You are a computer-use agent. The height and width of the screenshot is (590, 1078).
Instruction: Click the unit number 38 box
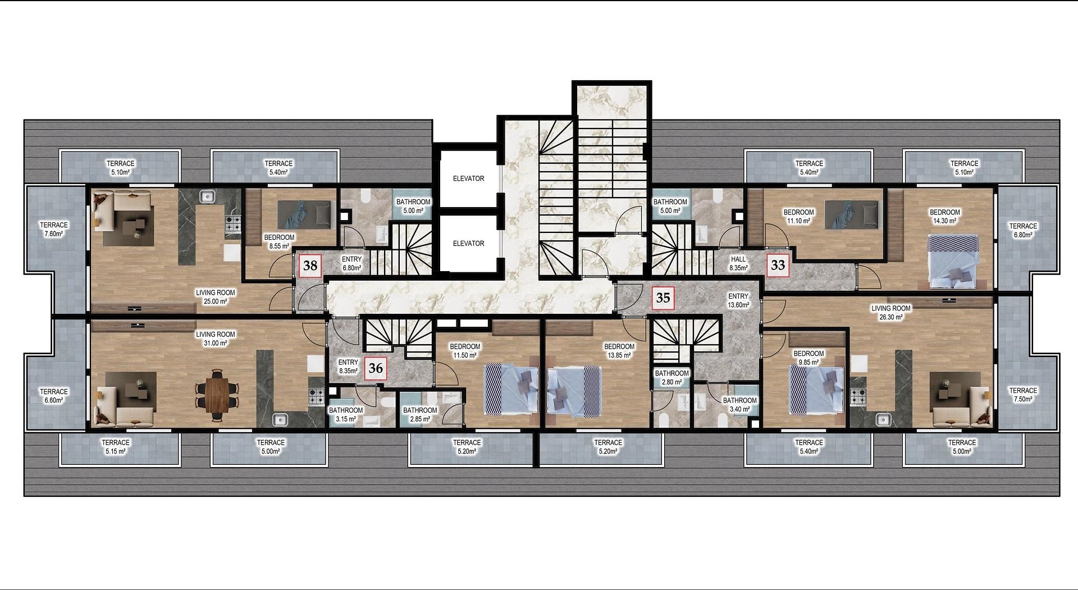310,266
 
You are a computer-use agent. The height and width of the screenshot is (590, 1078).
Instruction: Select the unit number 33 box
778,264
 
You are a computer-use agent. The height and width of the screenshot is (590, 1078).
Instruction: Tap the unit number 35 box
663,298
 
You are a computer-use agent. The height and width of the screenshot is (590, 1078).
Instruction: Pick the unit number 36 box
376,368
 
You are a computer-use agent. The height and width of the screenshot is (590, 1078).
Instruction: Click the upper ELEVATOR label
468,179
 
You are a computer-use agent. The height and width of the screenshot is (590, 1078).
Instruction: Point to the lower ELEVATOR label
468,244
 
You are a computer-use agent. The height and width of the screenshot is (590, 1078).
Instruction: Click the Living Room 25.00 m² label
216,297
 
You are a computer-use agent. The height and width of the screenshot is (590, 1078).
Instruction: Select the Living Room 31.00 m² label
216,339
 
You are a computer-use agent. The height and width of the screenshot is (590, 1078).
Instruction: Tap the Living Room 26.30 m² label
891,313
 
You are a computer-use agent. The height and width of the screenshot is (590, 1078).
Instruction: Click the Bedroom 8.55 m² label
279,242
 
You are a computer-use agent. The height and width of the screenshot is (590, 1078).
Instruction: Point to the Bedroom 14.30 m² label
945,217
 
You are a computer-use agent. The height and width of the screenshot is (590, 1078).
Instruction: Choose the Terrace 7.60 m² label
54,230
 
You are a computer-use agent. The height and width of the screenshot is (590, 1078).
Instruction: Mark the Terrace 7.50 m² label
1023,395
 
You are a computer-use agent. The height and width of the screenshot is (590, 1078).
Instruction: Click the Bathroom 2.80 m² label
672,378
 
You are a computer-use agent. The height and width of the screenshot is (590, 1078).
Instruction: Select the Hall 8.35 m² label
738,264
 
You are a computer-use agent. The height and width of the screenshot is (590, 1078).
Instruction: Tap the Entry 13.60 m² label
738,301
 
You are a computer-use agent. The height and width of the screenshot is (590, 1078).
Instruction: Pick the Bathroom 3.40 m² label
739,405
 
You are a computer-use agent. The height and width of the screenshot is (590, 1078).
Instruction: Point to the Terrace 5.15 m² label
116,447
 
